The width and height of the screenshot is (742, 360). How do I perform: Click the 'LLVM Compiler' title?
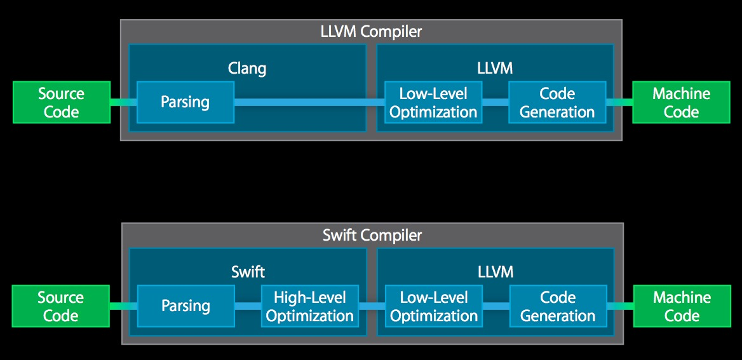point(371,31)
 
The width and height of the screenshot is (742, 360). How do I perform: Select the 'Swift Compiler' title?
point(372,235)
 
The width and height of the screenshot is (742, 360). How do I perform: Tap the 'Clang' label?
point(246,68)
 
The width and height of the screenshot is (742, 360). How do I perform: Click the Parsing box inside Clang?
point(185,102)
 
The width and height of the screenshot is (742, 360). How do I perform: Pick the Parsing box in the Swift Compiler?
point(185,305)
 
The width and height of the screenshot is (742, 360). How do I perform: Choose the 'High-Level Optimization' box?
point(309,306)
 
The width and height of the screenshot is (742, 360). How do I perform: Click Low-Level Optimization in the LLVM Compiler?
point(433,102)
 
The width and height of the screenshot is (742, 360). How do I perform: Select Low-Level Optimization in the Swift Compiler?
point(433,306)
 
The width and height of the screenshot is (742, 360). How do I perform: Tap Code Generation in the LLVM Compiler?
point(557,102)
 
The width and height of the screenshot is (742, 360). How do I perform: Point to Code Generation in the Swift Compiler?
point(558,306)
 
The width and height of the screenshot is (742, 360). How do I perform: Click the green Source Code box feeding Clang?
point(61,102)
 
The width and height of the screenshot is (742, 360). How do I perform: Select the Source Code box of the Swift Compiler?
point(61,306)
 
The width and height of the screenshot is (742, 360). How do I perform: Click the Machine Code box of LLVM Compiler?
point(681,102)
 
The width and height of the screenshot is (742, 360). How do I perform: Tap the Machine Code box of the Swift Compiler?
point(682,306)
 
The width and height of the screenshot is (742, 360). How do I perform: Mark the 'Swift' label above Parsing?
point(248,272)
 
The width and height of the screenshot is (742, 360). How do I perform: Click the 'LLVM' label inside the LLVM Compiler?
point(495,68)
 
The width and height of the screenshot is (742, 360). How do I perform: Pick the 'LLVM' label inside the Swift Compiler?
point(495,272)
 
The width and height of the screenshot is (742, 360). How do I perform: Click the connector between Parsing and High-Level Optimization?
point(247,306)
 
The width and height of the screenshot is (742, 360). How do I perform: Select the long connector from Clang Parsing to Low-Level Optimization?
point(309,102)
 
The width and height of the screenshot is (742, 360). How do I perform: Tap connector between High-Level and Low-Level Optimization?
point(371,306)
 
